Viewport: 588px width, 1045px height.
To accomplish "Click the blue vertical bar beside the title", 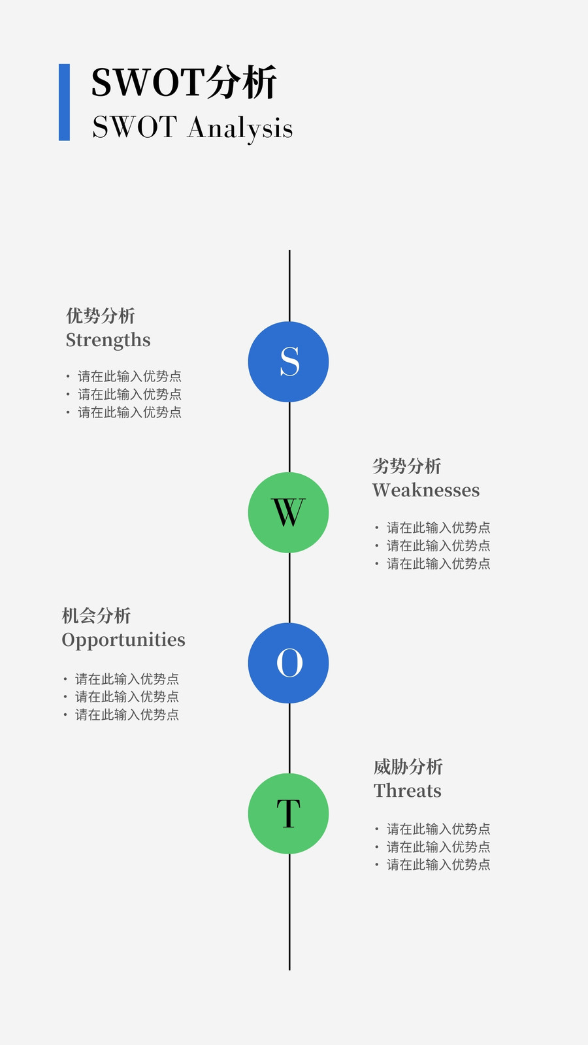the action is pos(65,102).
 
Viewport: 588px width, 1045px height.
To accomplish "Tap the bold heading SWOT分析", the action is pos(184,82).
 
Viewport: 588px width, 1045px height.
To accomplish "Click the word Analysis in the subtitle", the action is pos(240,128).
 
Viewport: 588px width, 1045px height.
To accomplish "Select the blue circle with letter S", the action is pos(288,362).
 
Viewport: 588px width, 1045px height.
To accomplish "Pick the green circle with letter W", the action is pos(288,512).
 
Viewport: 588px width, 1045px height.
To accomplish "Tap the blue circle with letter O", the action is pos(288,663).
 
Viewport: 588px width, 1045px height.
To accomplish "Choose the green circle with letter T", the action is pos(288,814).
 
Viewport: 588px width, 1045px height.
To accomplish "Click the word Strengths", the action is pos(108,340).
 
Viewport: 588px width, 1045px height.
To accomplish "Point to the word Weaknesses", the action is pos(426,490).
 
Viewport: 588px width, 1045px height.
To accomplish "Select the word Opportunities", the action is pos(123,641).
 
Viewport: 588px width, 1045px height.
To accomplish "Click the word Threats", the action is pos(408,791).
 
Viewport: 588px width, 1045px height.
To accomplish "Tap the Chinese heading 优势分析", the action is pos(101,316).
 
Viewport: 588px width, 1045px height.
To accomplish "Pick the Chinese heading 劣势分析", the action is pos(407,466).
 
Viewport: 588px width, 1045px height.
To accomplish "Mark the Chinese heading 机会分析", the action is pos(97,616).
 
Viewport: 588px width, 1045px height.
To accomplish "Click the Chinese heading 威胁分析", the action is pos(408,767).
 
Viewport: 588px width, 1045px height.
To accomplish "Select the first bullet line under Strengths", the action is pos(123,376).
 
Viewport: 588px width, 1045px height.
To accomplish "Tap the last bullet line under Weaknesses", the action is pos(433,564).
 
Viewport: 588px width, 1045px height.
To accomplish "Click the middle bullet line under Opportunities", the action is pos(122,696).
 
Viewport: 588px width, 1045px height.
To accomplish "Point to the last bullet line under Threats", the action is pos(433,865).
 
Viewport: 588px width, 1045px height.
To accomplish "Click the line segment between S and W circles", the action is pos(289,437).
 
